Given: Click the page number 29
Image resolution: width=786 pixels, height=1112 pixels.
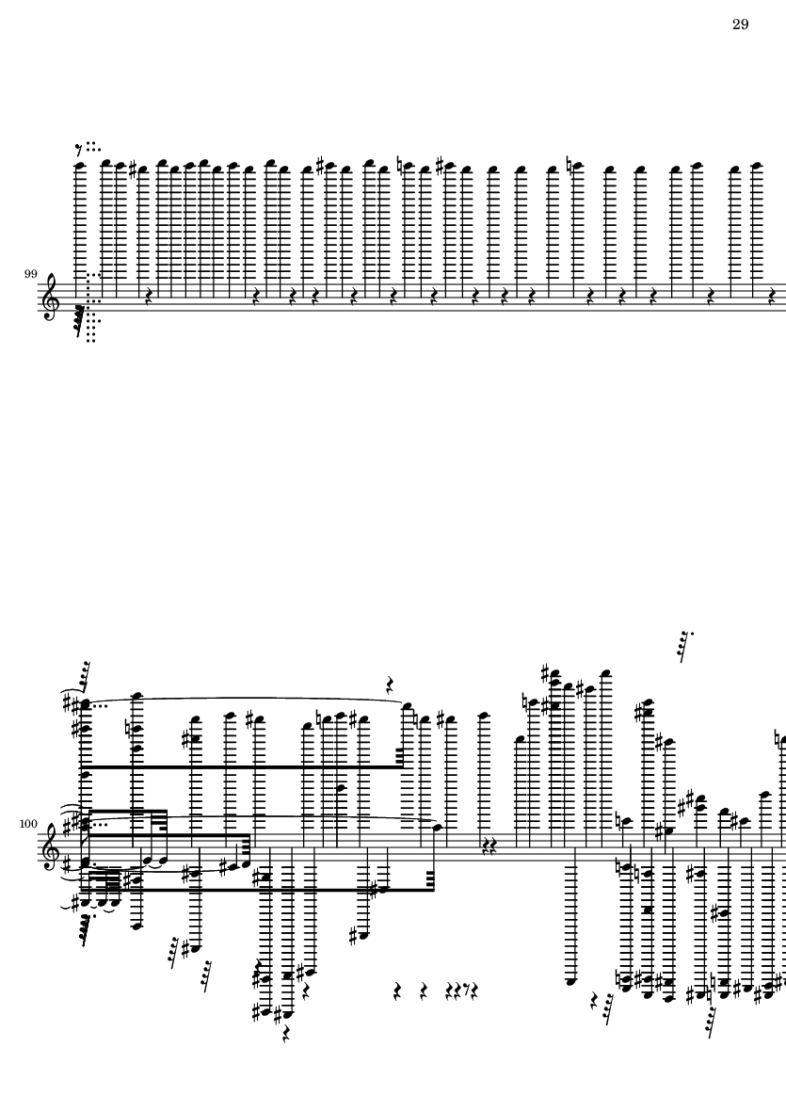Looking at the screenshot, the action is point(740,24).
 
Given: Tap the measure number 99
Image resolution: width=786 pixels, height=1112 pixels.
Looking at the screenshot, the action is point(30,274).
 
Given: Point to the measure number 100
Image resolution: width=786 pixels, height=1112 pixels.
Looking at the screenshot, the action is point(27,824).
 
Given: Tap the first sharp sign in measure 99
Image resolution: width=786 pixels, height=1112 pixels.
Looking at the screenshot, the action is point(133,169).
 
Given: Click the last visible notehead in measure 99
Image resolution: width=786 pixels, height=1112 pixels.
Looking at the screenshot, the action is point(756,166).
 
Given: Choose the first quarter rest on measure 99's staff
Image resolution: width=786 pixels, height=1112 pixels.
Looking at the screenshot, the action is point(149,295).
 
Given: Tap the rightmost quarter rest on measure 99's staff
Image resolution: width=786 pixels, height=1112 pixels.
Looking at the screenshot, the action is point(772,295).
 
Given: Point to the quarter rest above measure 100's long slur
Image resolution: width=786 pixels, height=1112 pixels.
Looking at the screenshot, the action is point(390,684).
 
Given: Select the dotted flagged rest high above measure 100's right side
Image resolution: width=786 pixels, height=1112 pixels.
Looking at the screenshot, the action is point(685,645).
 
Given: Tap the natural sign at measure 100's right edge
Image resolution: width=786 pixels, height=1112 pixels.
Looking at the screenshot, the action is point(778,740).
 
